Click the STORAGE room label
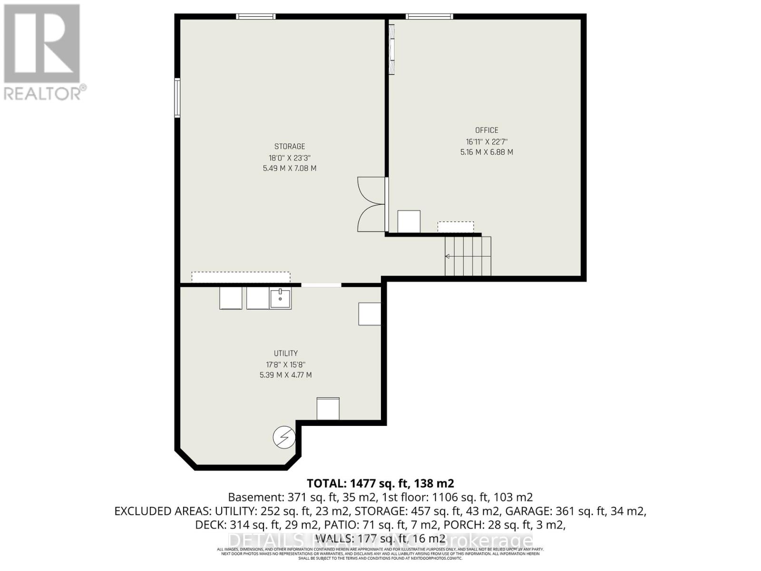pyautogui.click(x=289, y=147)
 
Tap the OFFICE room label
pyautogui.click(x=487, y=130)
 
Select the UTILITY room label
pyautogui.click(x=285, y=353)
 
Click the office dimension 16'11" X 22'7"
pyautogui.click(x=487, y=141)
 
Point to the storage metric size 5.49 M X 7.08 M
pyautogui.click(x=289, y=168)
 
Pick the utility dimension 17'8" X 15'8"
pyautogui.click(x=285, y=364)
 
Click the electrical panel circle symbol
pyautogui.click(x=284, y=437)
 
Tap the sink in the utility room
pyautogui.click(x=280, y=298)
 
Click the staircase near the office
pyautogui.click(x=468, y=256)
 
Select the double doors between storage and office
pyautogui.click(x=372, y=205)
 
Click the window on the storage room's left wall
pyautogui.click(x=177, y=98)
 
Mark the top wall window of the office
pyautogui.click(x=429, y=17)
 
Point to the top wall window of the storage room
pyautogui.click(x=256, y=17)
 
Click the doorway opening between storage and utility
pyautogui.click(x=321, y=285)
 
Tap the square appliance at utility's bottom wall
pyautogui.click(x=328, y=409)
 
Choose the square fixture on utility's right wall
pyautogui.click(x=370, y=314)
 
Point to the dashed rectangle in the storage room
pyautogui.click(x=241, y=277)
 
